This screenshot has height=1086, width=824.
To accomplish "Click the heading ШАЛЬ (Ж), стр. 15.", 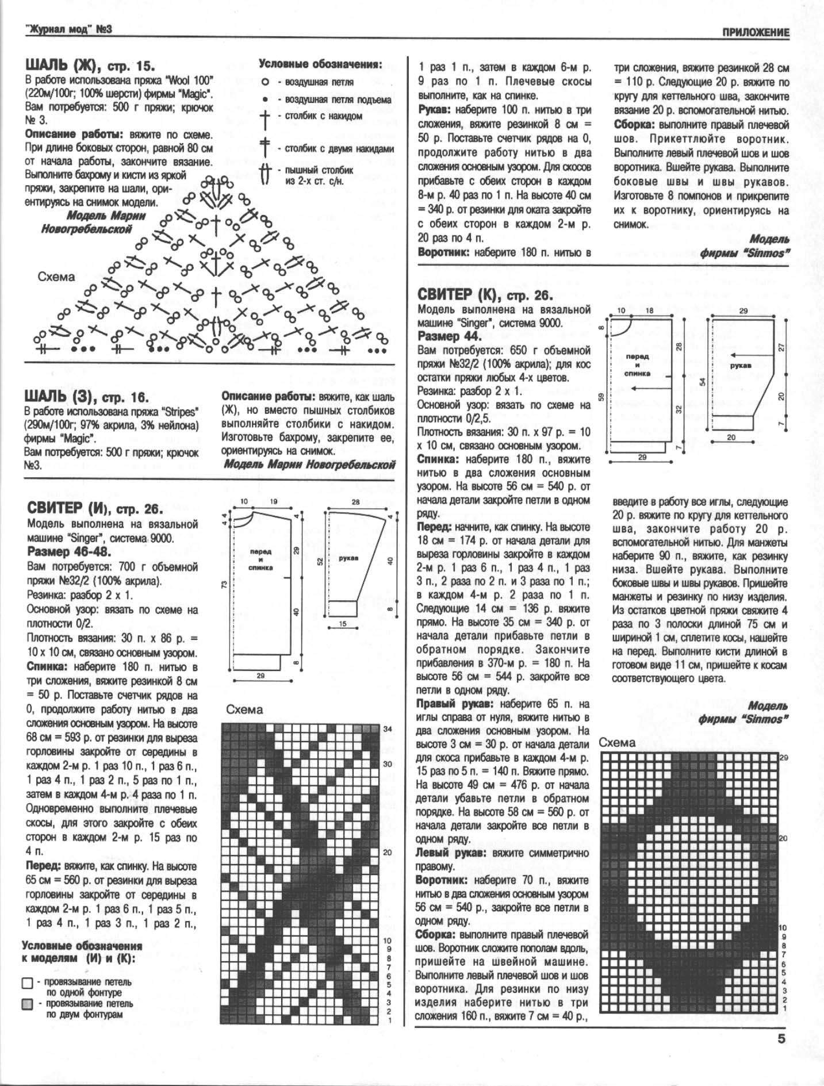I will pyautogui.click(x=90, y=64).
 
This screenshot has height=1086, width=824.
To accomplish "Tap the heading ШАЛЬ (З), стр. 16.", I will pyautogui.click(x=86, y=397).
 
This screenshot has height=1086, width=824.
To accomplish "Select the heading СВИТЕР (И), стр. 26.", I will pyautogui.click(x=95, y=508).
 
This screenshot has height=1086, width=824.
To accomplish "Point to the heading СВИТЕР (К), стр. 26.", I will pyautogui.click(x=485, y=296).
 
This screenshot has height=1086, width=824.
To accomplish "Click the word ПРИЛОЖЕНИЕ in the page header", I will pyautogui.click(x=756, y=32).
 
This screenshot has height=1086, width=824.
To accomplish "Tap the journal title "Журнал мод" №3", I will pyautogui.click(x=68, y=29).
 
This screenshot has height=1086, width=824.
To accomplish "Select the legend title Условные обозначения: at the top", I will pyautogui.click(x=320, y=64).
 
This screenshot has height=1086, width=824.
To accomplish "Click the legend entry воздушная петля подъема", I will pyautogui.click(x=338, y=99).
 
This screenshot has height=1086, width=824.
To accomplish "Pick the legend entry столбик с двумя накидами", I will pyautogui.click(x=339, y=149).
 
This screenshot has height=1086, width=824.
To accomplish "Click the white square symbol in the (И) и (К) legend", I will pyautogui.click(x=27, y=983).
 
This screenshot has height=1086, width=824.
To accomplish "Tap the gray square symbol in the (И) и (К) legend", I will pyautogui.click(x=27, y=1004).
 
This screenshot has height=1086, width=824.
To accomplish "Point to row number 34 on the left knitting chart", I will pyautogui.click(x=388, y=729).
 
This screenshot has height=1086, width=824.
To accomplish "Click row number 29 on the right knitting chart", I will pyautogui.click(x=783, y=757).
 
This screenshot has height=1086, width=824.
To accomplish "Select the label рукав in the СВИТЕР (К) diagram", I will pyautogui.click(x=741, y=365).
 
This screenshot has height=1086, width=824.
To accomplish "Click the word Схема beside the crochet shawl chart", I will pyautogui.click(x=56, y=277).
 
